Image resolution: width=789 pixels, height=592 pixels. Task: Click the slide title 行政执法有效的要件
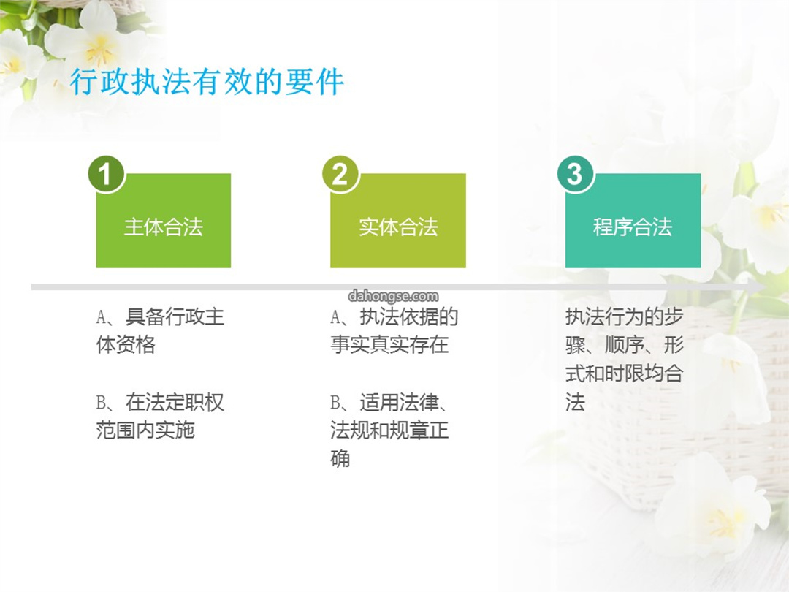[207, 82]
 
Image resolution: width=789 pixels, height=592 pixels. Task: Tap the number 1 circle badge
[106, 174]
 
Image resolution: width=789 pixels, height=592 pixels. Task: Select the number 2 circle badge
[340, 174]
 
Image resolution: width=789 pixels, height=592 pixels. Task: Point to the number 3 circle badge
[575, 174]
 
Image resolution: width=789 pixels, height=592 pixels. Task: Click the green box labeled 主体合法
[164, 221]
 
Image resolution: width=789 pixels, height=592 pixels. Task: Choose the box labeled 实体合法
[398, 221]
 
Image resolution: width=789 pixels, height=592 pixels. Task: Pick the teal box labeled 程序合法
[633, 221]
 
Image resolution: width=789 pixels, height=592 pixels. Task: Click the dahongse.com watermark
[394, 296]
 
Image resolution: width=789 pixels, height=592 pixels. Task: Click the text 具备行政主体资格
[160, 331]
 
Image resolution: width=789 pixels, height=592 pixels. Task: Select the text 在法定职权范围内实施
[160, 417]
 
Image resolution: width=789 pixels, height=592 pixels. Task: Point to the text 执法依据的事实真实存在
[394, 331]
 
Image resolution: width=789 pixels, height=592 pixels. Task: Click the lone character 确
[340, 458]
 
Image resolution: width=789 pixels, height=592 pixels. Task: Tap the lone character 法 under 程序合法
[575, 402]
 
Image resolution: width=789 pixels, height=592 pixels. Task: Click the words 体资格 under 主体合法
[126, 345]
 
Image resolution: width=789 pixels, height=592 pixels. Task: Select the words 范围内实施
[145, 430]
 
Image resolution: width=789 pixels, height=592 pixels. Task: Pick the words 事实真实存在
[389, 345]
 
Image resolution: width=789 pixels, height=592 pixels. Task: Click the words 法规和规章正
[389, 430]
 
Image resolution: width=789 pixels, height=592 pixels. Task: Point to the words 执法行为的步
[624, 316]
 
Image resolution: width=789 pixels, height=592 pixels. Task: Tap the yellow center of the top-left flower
[99, 50]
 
